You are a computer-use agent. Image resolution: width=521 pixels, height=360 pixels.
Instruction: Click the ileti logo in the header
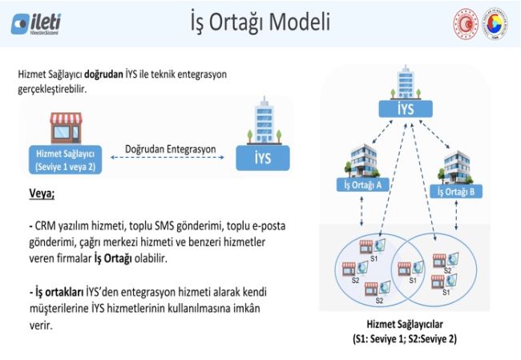point(36,23)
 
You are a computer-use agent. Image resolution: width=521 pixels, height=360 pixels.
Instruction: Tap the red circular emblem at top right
point(466,23)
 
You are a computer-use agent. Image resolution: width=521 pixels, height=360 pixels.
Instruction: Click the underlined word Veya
point(42,193)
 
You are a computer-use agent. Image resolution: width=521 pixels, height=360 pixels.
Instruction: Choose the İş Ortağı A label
point(362,185)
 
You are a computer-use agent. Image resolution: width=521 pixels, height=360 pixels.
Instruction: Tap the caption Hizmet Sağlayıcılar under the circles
point(404,325)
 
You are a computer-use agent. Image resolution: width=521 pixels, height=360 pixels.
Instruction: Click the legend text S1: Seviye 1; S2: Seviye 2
point(404,338)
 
